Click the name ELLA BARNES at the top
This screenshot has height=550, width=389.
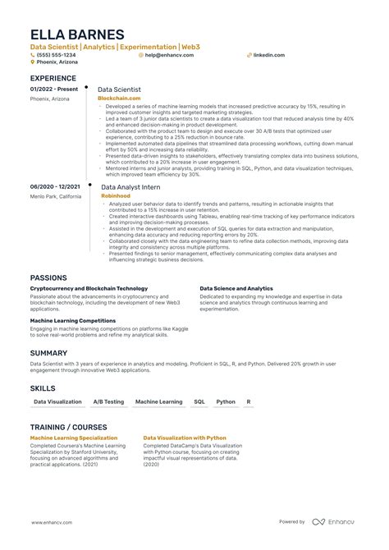point(77,34)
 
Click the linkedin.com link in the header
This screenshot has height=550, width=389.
point(269,55)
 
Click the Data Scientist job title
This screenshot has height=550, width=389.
point(120,88)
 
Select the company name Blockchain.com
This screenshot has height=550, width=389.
point(118,97)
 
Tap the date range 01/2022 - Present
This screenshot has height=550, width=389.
point(54,88)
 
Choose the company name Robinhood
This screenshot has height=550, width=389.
point(115,196)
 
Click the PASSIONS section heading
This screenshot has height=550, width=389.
point(49,277)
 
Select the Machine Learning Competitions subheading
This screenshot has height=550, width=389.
point(72,320)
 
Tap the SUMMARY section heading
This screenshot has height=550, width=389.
point(48,352)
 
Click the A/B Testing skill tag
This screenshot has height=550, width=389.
point(108,402)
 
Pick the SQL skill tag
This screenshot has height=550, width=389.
point(199,402)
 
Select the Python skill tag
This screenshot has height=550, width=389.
point(225,402)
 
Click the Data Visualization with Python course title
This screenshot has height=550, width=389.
point(185,438)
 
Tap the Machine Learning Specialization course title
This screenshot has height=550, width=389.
point(73,438)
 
